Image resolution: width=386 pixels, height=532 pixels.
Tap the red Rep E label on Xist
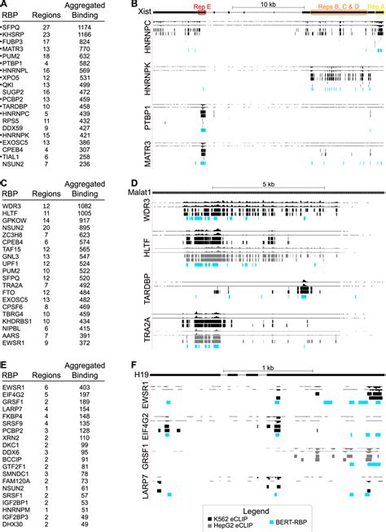[200, 6]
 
